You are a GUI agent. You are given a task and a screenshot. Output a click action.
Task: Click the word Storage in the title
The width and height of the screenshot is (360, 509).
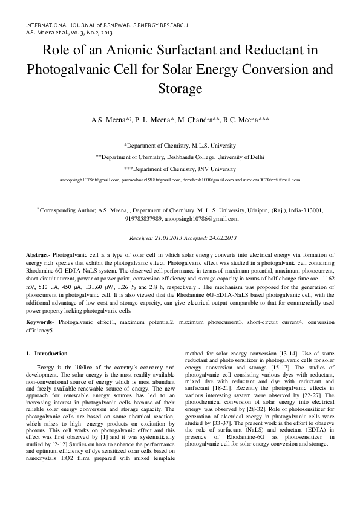click(x=180, y=89)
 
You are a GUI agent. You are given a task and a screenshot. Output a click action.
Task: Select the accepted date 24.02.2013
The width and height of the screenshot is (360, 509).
click(x=218, y=239)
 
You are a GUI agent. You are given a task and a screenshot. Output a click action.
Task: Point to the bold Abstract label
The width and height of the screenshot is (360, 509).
click(x=40, y=257)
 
